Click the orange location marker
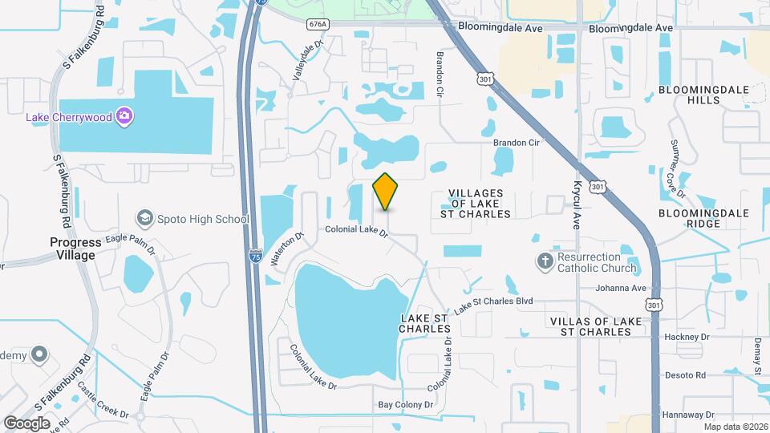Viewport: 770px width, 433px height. (x=386, y=191)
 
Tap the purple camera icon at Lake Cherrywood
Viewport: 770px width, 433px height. (x=124, y=117)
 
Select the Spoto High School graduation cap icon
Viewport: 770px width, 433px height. (x=145, y=218)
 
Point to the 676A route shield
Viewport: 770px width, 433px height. (x=316, y=25)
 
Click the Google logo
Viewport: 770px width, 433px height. (x=26, y=423)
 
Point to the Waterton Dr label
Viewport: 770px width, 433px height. (x=289, y=248)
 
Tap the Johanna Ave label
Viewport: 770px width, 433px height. (x=620, y=288)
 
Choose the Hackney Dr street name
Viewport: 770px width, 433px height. (x=687, y=338)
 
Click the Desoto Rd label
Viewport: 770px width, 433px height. (x=684, y=374)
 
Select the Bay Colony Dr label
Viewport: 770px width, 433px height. (x=406, y=405)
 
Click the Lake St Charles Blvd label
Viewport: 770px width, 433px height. (x=493, y=305)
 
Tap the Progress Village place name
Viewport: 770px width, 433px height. (x=75, y=249)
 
